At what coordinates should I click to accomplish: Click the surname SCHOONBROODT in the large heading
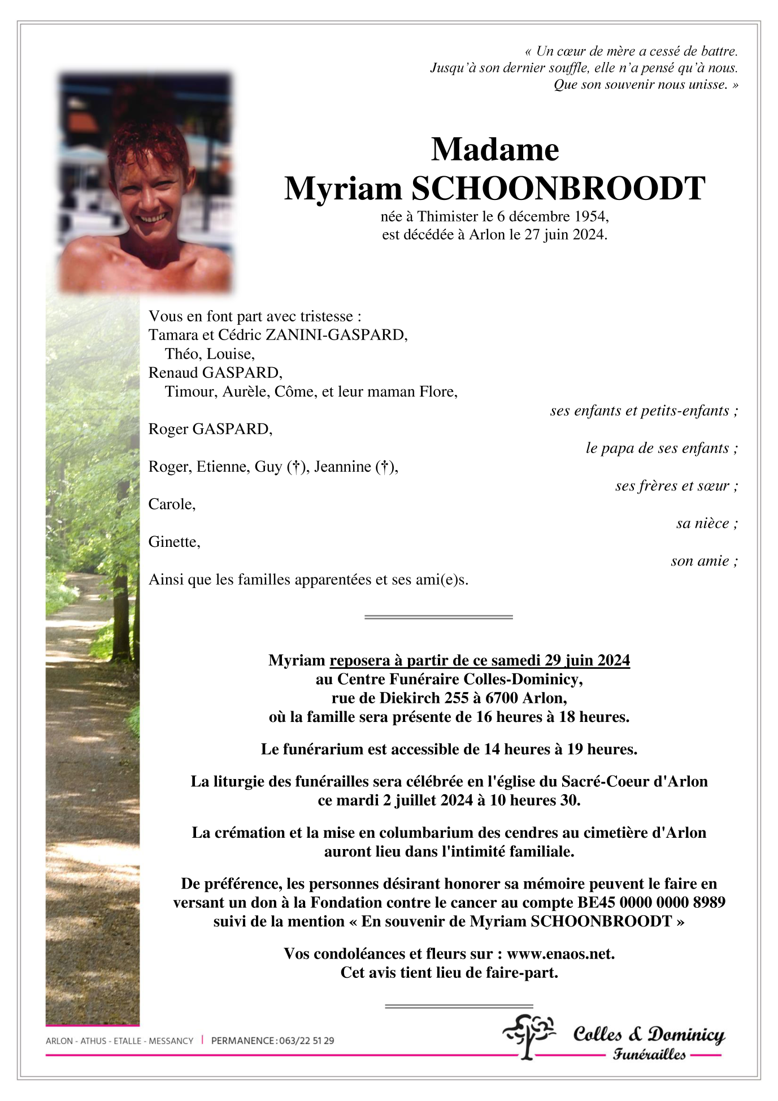coord(558,189)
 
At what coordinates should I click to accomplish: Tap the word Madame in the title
coord(495,150)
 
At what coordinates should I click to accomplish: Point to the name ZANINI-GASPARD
coord(336,335)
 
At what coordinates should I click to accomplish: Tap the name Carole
coord(171,504)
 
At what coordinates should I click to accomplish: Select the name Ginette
coord(173,542)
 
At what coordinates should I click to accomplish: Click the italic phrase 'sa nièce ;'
coord(707,524)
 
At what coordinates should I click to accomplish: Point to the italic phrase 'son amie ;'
coord(704,561)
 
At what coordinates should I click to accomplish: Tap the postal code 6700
coord(502,698)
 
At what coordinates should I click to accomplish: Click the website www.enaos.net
coord(560,954)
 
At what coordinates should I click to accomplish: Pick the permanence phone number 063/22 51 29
coord(306,1041)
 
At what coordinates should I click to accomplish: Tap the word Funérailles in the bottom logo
coord(649,1054)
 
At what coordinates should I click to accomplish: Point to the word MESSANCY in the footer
coord(171,1041)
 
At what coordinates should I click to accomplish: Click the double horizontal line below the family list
coord(438,617)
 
